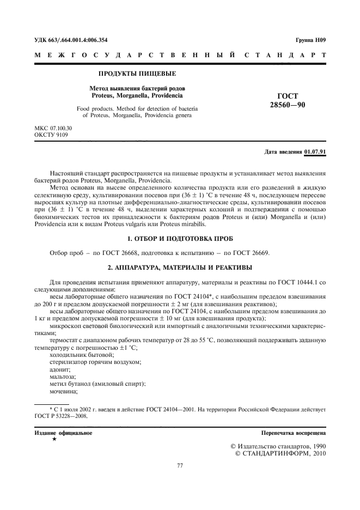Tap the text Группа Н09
(x=310, y=40)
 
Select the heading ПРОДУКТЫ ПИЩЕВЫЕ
(x=137, y=72)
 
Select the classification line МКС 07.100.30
(x=53, y=128)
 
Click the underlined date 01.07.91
(x=315, y=152)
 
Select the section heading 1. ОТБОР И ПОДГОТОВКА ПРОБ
(x=180, y=239)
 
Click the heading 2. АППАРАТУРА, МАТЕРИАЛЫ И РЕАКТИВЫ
(x=180, y=267)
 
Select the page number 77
(x=180, y=465)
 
